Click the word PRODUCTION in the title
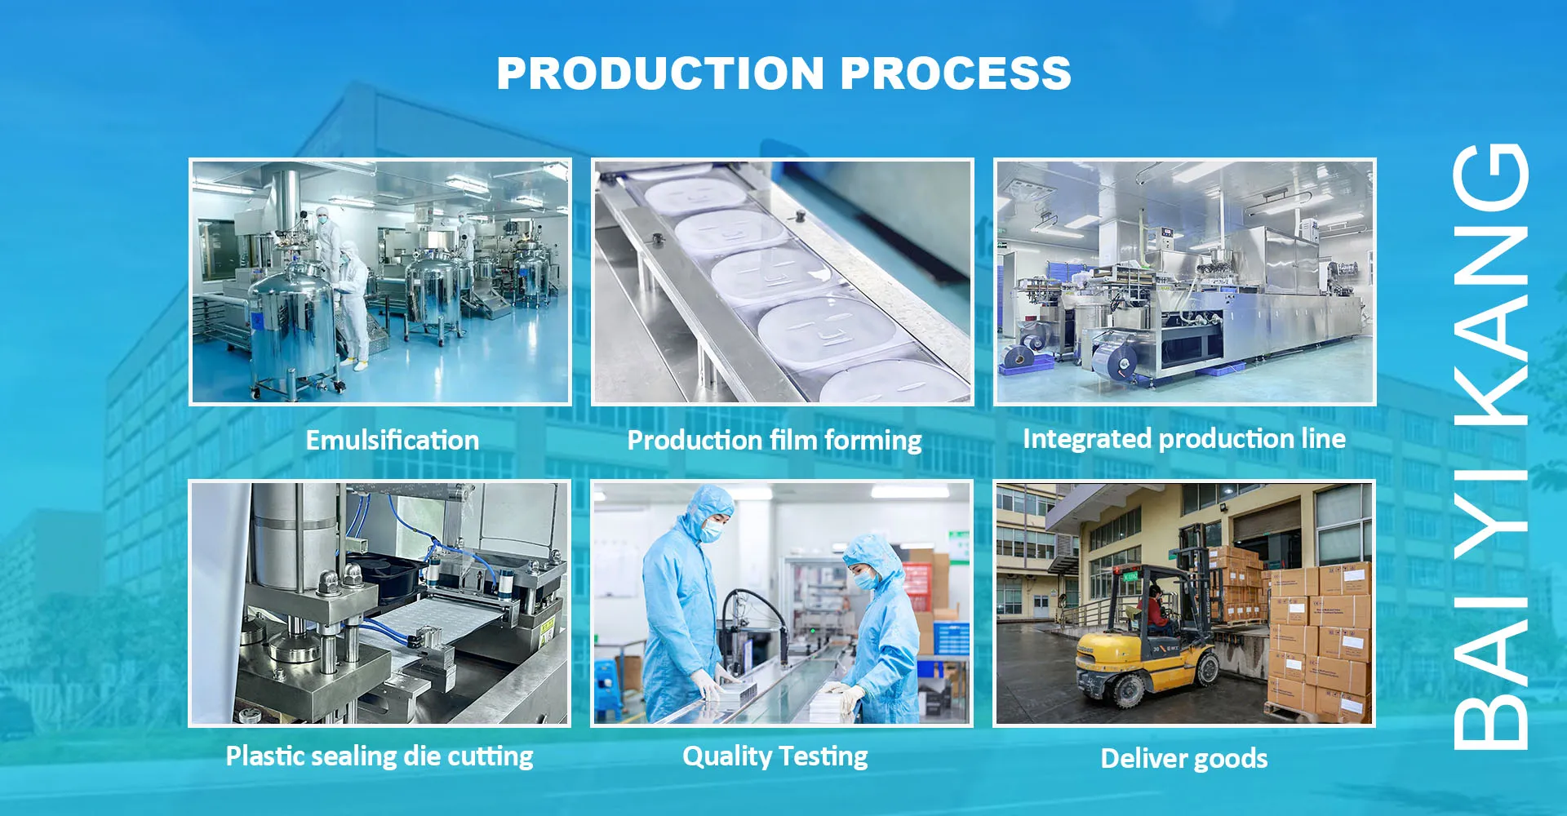[660, 73]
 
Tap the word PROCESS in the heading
[956, 73]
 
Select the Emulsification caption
[393, 441]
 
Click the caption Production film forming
[775, 441]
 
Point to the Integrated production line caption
[1184, 439]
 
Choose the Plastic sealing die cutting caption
[380, 756]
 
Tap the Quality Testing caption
[775, 756]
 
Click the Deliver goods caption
[1184, 758]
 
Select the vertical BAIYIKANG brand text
[1490, 446]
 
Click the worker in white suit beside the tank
[352, 302]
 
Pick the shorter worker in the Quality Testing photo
[880, 628]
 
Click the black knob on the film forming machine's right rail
[799, 215]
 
